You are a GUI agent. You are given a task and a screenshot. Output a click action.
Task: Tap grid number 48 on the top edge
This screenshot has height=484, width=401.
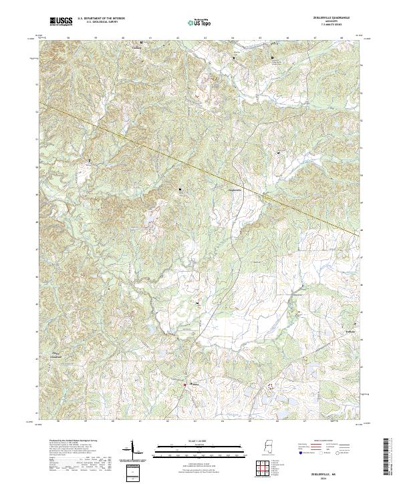click(x=342, y=39)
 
